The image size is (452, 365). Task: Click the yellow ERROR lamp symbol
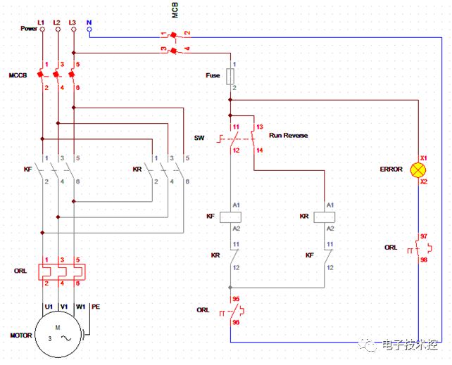(x=418, y=169)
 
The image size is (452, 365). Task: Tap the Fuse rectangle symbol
(x=230, y=77)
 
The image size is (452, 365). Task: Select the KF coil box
(x=230, y=217)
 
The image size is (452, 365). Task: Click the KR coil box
(x=325, y=217)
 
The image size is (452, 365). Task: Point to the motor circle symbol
(x=58, y=335)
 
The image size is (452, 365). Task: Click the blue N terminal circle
(x=89, y=30)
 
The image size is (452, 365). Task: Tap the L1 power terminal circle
(x=42, y=30)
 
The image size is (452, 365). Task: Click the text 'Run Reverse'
(x=288, y=135)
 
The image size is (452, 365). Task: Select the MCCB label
(x=18, y=75)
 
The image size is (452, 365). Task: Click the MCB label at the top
(x=175, y=10)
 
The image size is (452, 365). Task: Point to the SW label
(x=199, y=138)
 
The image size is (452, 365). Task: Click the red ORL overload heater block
(x=62, y=271)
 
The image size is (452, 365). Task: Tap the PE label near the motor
(x=96, y=307)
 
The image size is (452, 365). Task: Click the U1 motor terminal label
(x=49, y=307)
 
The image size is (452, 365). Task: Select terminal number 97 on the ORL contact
(x=423, y=236)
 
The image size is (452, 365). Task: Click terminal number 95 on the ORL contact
(x=236, y=299)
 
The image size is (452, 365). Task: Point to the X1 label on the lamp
(x=423, y=158)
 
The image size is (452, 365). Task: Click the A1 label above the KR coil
(x=330, y=205)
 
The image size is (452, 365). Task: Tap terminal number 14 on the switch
(x=259, y=150)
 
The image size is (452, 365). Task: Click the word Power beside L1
(x=29, y=29)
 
